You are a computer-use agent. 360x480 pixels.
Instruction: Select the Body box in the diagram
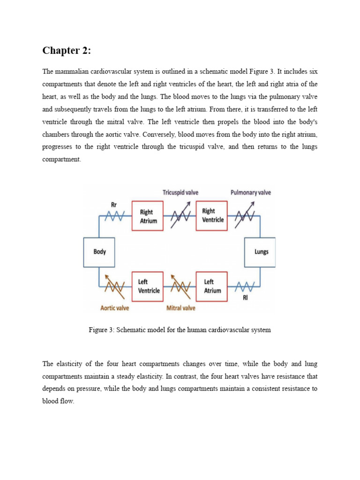pyautogui.click(x=99, y=252)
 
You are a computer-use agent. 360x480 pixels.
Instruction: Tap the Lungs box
pyautogui.click(x=261, y=252)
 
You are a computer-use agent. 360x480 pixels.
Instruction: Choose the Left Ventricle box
pyautogui.click(x=148, y=286)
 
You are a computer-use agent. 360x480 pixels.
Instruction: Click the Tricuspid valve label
pyautogui.click(x=180, y=193)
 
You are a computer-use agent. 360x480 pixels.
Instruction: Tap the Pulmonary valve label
pyautogui.click(x=250, y=193)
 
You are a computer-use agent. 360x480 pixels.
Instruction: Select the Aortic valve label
pyautogui.click(x=115, y=308)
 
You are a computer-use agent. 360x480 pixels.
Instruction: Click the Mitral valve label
pyautogui.click(x=181, y=308)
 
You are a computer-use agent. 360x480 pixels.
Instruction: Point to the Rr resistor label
pyautogui.click(x=114, y=205)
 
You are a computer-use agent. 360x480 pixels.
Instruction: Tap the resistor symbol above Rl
pyautogui.click(x=245, y=285)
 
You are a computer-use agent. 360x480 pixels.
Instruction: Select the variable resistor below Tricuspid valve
pyautogui.click(x=180, y=216)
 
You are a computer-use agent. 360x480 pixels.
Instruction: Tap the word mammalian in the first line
pyautogui.click(x=76, y=71)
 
